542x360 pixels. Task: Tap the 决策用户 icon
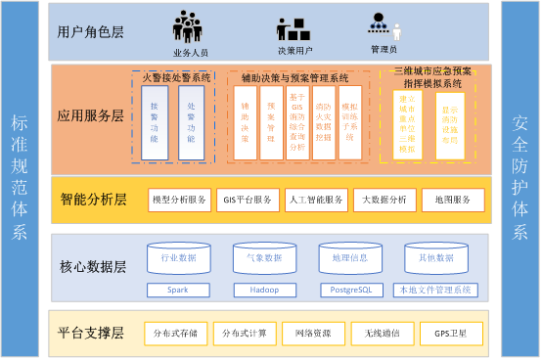[294, 28]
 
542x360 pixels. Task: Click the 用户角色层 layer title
[92, 32]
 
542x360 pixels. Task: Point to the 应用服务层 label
[92, 115]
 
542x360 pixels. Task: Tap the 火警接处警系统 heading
[177, 76]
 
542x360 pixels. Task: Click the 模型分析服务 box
[179, 200]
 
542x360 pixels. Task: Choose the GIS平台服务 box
[248, 200]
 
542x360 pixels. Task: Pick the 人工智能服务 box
[316, 200]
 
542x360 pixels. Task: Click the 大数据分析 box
[384, 200]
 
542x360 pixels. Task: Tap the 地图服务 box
[453, 200]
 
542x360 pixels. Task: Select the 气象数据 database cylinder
[264, 259]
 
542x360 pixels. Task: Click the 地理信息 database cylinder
[350, 259]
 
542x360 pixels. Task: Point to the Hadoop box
[264, 290]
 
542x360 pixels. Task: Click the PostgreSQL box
[350, 290]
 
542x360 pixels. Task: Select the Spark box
[177, 290]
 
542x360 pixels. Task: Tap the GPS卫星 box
[451, 334]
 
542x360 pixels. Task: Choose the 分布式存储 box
[175, 334]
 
